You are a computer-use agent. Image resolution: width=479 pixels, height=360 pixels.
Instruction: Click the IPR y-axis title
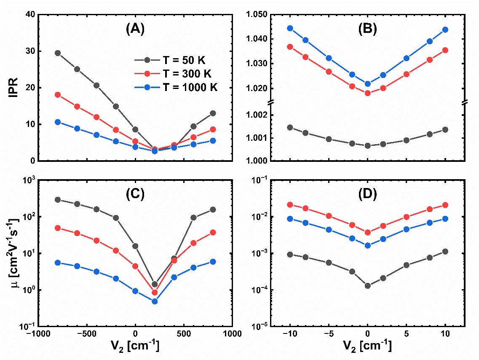pyautogui.click(x=13, y=88)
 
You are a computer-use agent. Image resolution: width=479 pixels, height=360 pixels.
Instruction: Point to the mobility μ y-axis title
pyautogui.click(x=13, y=253)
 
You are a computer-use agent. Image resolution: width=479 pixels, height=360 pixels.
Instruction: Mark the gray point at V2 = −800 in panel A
pyautogui.click(x=58, y=53)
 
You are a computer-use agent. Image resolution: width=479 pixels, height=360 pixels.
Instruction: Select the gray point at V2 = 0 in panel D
pyautogui.click(x=367, y=286)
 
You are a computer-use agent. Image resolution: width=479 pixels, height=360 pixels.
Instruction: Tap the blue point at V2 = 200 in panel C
pyautogui.click(x=155, y=301)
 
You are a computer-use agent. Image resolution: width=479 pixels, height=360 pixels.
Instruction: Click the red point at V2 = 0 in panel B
pyautogui.click(x=367, y=93)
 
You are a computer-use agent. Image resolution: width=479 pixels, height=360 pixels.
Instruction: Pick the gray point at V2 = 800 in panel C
pyautogui.click(x=213, y=210)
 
